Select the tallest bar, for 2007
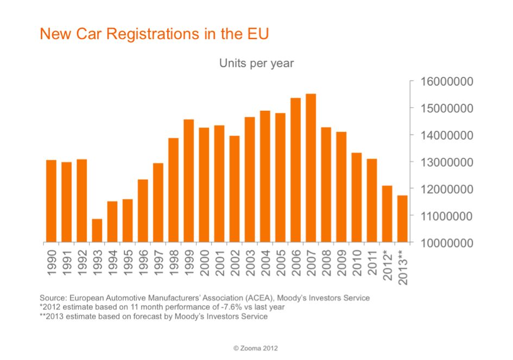311,168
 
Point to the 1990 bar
51,201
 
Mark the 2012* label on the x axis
388,264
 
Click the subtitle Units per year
256,64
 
